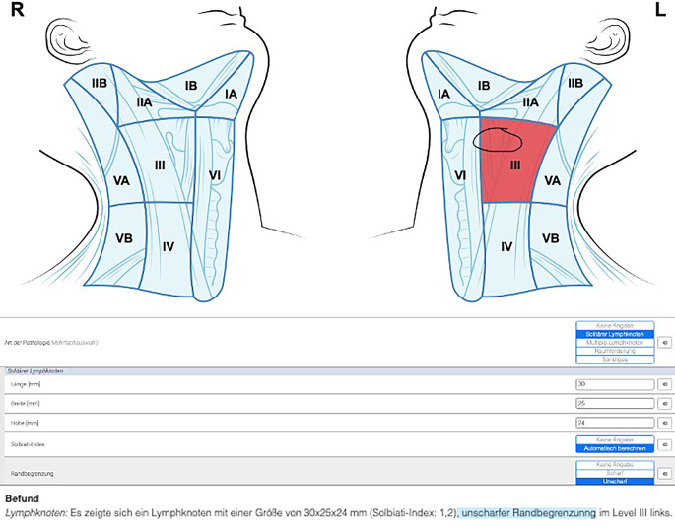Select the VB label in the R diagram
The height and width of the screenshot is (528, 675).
(x=124, y=238)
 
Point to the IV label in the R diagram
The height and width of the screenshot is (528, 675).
(x=168, y=246)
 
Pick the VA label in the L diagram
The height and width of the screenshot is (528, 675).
(x=552, y=180)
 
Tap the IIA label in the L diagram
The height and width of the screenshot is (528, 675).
(x=530, y=101)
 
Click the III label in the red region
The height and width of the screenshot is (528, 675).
(x=514, y=165)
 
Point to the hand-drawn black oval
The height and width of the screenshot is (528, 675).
(x=499, y=139)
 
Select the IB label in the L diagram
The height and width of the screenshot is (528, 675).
(x=483, y=87)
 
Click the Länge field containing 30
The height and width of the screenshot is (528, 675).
(x=613, y=383)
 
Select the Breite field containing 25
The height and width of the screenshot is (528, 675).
(x=613, y=403)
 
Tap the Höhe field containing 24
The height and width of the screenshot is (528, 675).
(x=613, y=423)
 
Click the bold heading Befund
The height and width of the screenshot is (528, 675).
(x=22, y=499)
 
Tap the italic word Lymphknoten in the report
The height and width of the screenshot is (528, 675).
(x=35, y=513)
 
